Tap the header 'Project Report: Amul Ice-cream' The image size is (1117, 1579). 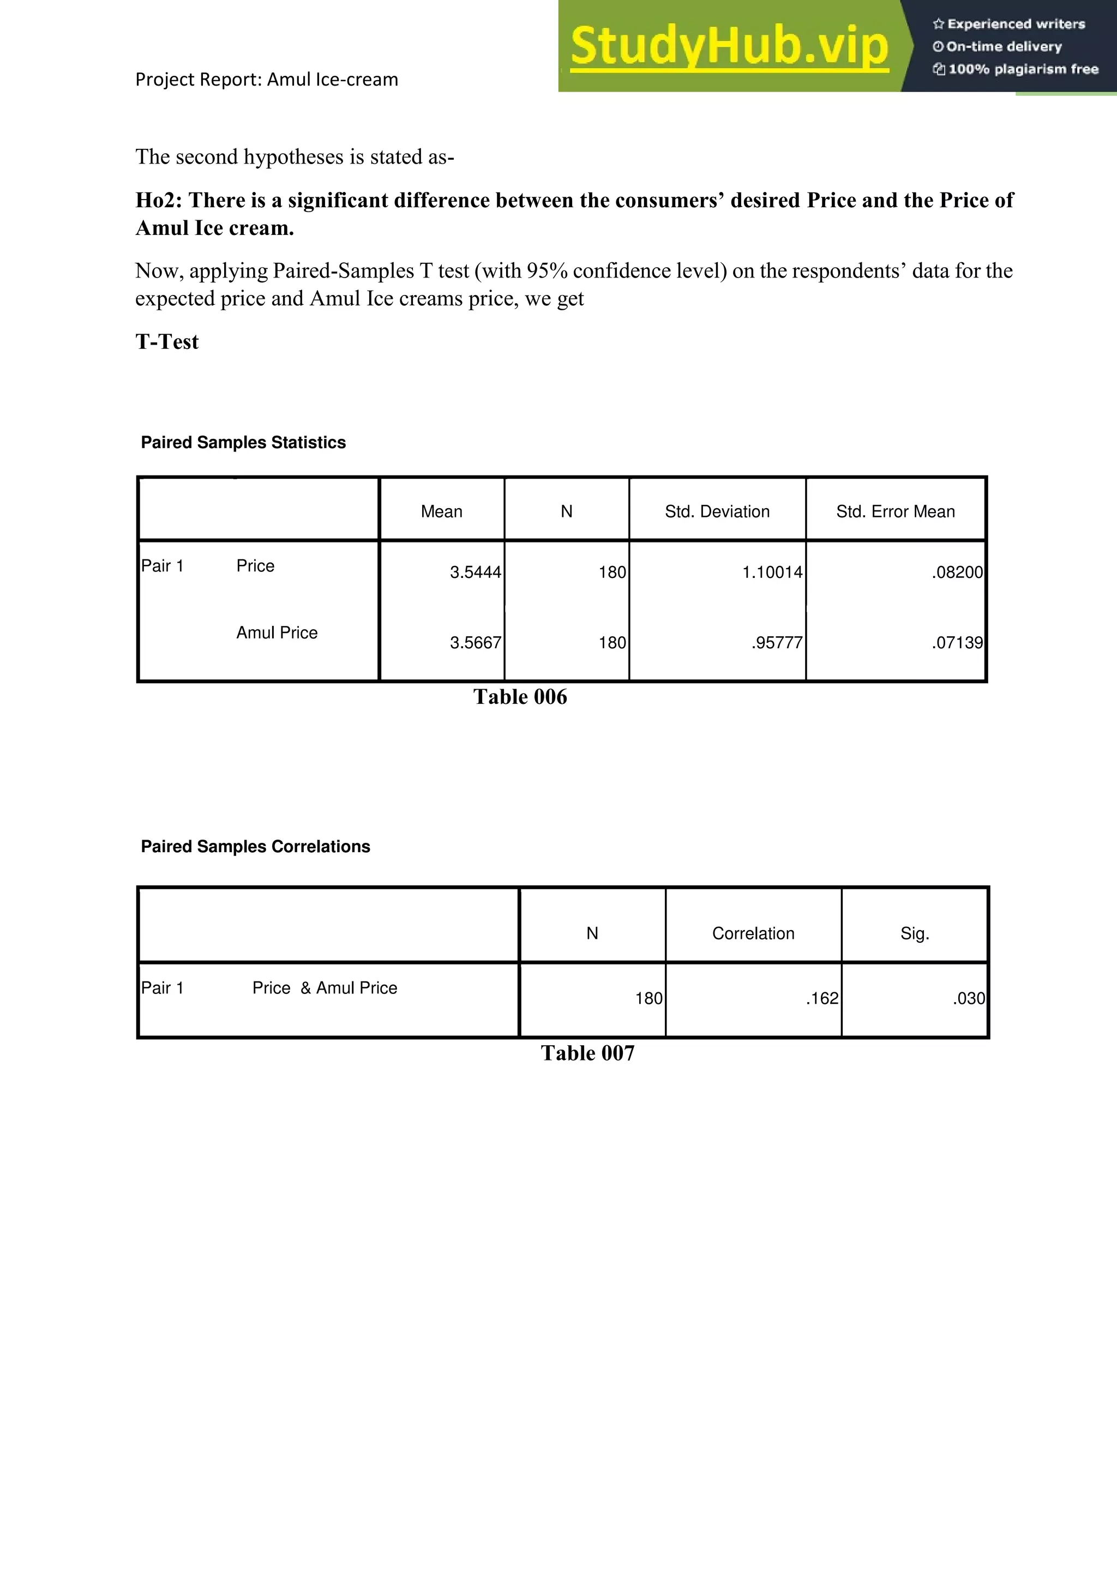coord(266,80)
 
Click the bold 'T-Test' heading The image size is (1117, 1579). coord(167,342)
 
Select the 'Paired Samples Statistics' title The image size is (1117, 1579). coord(243,442)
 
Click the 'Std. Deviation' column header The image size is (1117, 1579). coord(717,511)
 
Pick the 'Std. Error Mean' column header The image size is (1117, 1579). coord(895,511)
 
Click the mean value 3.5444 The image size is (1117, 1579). coord(475,572)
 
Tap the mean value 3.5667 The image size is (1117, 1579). coord(475,642)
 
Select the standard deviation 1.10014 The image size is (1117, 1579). coord(772,572)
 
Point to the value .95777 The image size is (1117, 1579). coord(777,642)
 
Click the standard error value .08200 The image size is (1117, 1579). coord(957,572)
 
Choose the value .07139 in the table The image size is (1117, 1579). coord(957,642)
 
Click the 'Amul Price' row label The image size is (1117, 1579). coord(277,632)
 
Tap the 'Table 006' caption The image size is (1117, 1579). coord(520,697)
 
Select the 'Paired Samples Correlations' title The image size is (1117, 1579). coord(255,847)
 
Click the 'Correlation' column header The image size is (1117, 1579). coord(753,933)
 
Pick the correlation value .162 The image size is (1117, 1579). coord(822,998)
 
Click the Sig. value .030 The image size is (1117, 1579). coord(969,998)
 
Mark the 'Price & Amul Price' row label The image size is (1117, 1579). coord(325,989)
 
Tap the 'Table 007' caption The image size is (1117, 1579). coord(587,1053)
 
